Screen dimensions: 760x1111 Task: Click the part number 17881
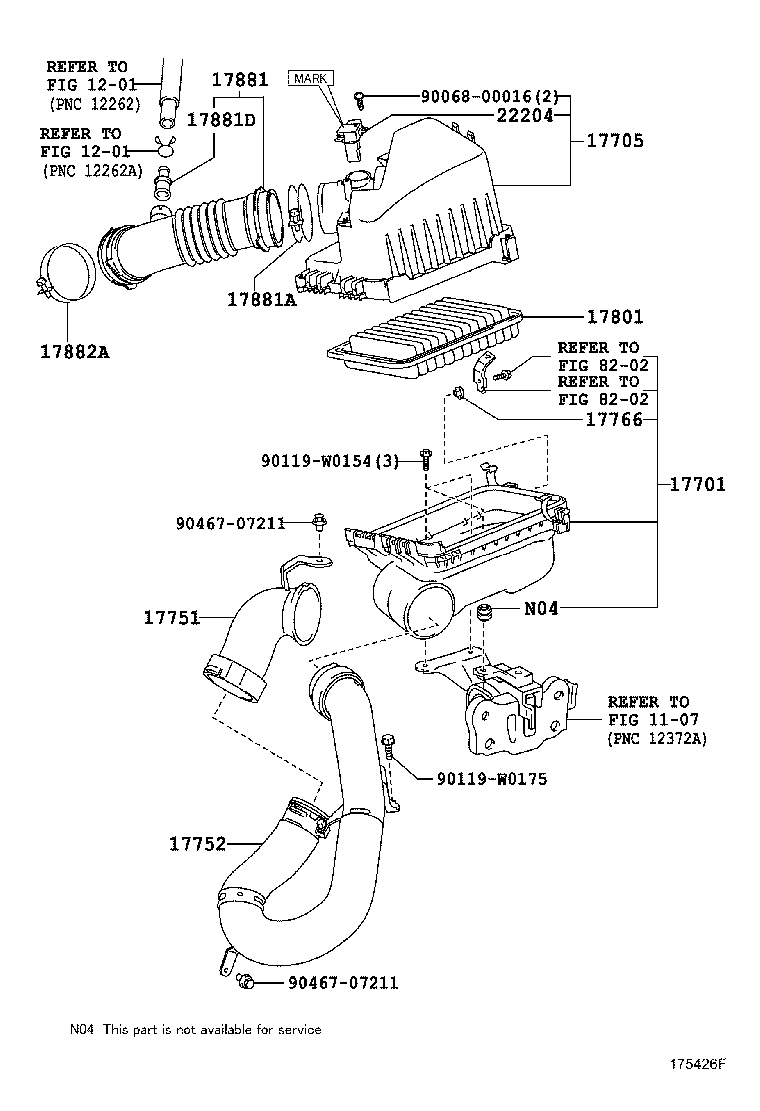[240, 79]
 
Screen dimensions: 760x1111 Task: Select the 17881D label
[221, 119]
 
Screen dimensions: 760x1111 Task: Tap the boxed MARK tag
[311, 79]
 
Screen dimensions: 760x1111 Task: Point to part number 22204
[525, 116]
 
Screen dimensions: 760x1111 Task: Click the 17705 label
[615, 140]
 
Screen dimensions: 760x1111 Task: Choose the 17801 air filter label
[615, 316]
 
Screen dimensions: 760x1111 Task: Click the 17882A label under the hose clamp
[75, 351]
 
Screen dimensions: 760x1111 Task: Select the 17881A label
[262, 300]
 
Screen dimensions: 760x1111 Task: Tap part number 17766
[614, 420]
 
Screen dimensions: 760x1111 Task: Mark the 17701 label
[698, 484]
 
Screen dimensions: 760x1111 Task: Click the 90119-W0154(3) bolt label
[331, 462]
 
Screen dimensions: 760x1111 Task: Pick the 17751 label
[172, 617]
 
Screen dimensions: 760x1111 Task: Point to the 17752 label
[198, 844]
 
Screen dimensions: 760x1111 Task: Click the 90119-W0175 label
[492, 779]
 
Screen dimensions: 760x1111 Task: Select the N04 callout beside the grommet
[541, 608]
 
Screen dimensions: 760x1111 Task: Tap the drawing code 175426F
[699, 1064]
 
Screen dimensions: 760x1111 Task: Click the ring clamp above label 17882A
[65, 272]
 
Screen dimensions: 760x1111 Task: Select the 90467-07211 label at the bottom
[343, 983]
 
